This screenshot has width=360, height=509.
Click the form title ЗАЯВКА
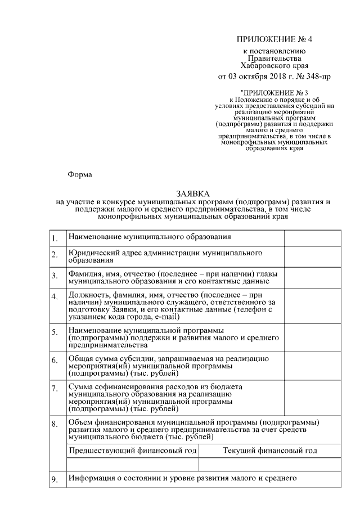coord(193,193)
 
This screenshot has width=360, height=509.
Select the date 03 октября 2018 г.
coord(252,76)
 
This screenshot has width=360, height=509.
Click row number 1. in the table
coord(55,238)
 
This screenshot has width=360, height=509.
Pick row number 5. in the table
coord(55,332)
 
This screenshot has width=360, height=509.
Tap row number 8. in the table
coord(55,424)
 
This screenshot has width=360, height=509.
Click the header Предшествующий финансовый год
coord(133,451)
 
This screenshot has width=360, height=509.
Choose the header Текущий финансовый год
coord(270,451)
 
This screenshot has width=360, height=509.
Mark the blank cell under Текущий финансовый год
coord(270,465)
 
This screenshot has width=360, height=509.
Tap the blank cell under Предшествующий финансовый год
coord(133,465)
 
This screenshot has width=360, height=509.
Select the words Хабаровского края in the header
coord(274,65)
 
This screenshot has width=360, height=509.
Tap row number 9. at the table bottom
coord(55,480)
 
